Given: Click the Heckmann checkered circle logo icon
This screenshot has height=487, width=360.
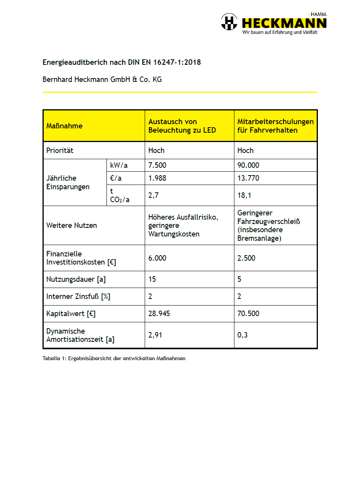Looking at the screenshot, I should pyautogui.click(x=229, y=21).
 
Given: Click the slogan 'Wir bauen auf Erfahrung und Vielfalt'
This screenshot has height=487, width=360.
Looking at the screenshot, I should pyautogui.click(x=280, y=32).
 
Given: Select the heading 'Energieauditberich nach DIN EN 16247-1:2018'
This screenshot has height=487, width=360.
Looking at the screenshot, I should pyautogui.click(x=121, y=62).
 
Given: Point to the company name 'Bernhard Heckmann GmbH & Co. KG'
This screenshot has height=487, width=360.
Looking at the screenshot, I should pyautogui.click(x=102, y=80).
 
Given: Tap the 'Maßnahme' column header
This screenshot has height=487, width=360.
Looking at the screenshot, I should pyautogui.click(x=64, y=126).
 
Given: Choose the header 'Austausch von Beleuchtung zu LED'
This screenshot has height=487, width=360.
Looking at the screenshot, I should pyautogui.click(x=182, y=126).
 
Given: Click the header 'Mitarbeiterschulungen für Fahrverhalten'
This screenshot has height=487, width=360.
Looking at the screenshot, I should pyautogui.click(x=275, y=126).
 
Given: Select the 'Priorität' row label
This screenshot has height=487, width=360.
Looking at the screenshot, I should pyautogui.click(x=60, y=150).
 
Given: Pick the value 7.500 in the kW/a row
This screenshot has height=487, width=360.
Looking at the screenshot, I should pyautogui.click(x=157, y=165).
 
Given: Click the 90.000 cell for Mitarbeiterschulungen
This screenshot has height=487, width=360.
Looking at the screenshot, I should pyautogui.click(x=248, y=165).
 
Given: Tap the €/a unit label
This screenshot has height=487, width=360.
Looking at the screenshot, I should pyautogui.click(x=116, y=178).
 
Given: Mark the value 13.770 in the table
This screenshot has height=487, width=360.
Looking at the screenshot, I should pyautogui.click(x=248, y=178).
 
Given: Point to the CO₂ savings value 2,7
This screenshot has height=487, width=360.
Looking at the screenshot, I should pyautogui.click(x=153, y=195).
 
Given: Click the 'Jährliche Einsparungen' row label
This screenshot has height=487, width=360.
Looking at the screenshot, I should pyautogui.click(x=68, y=182).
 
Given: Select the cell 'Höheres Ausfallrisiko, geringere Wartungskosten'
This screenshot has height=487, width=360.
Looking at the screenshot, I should pyautogui.click(x=183, y=226).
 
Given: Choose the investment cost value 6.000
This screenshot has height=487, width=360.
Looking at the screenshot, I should pyautogui.click(x=157, y=258).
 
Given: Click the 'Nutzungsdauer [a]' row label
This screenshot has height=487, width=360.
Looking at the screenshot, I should pyautogui.click(x=76, y=279).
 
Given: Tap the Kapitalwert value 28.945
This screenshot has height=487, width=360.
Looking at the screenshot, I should pyautogui.click(x=159, y=314).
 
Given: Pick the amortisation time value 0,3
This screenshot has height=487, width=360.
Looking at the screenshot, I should pyautogui.click(x=242, y=335).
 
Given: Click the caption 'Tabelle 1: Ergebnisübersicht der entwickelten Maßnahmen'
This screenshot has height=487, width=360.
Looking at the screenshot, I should pyautogui.click(x=114, y=359).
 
